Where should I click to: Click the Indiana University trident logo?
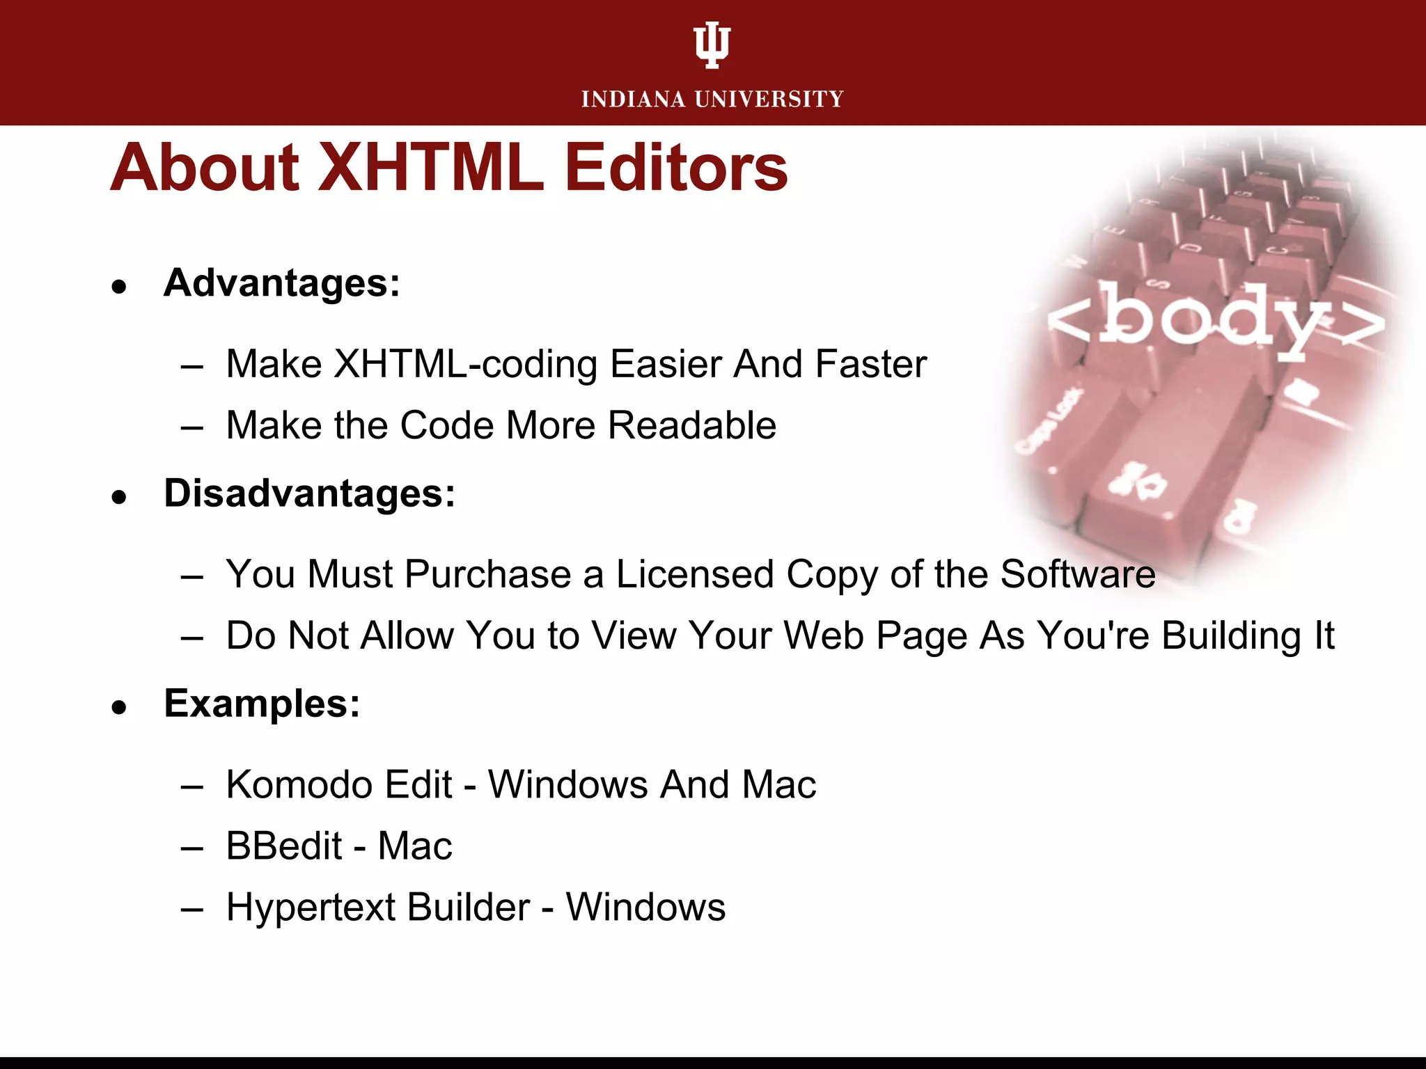pos(712,45)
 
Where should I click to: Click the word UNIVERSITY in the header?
pos(769,100)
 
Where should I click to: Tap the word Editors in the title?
pos(675,168)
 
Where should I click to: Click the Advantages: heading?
pos(282,283)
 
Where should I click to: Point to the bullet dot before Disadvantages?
pos(120,496)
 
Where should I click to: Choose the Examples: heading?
pos(262,704)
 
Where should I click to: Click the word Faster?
pos(870,364)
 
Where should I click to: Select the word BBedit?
pos(284,846)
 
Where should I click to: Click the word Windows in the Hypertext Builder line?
pos(645,908)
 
